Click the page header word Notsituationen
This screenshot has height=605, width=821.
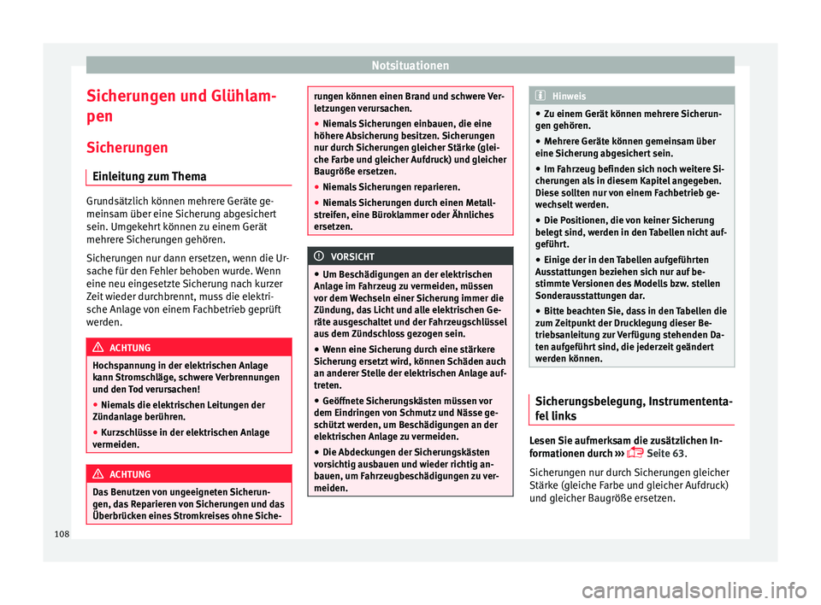410,64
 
